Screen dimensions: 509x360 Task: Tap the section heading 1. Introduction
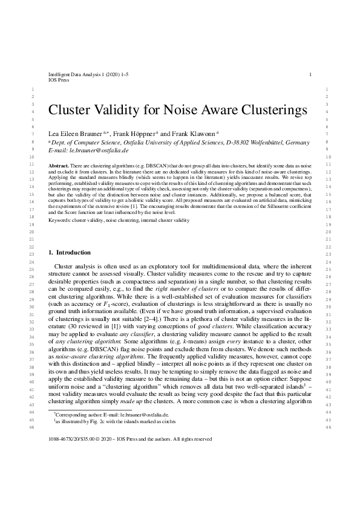pyautogui.click(x=69, y=252)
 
